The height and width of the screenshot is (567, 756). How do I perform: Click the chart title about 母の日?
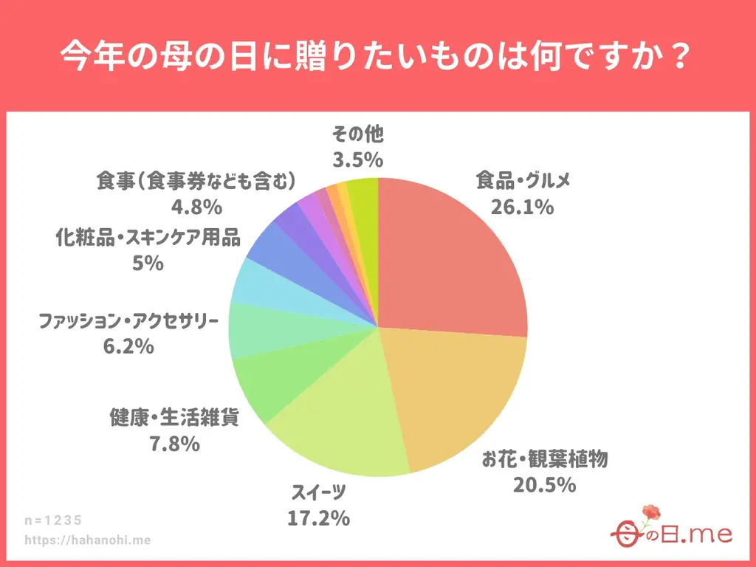[x=377, y=55]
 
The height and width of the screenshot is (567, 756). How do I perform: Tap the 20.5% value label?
[x=544, y=485]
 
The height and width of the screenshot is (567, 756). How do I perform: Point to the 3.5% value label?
[x=357, y=159]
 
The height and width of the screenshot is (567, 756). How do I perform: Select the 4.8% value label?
[x=196, y=206]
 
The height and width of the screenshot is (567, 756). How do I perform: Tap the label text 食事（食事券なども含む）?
[x=196, y=181]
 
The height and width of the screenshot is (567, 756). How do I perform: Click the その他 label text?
[x=358, y=134]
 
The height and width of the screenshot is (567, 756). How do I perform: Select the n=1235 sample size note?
[x=53, y=520]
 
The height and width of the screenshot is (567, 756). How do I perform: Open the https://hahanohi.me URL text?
[x=88, y=540]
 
